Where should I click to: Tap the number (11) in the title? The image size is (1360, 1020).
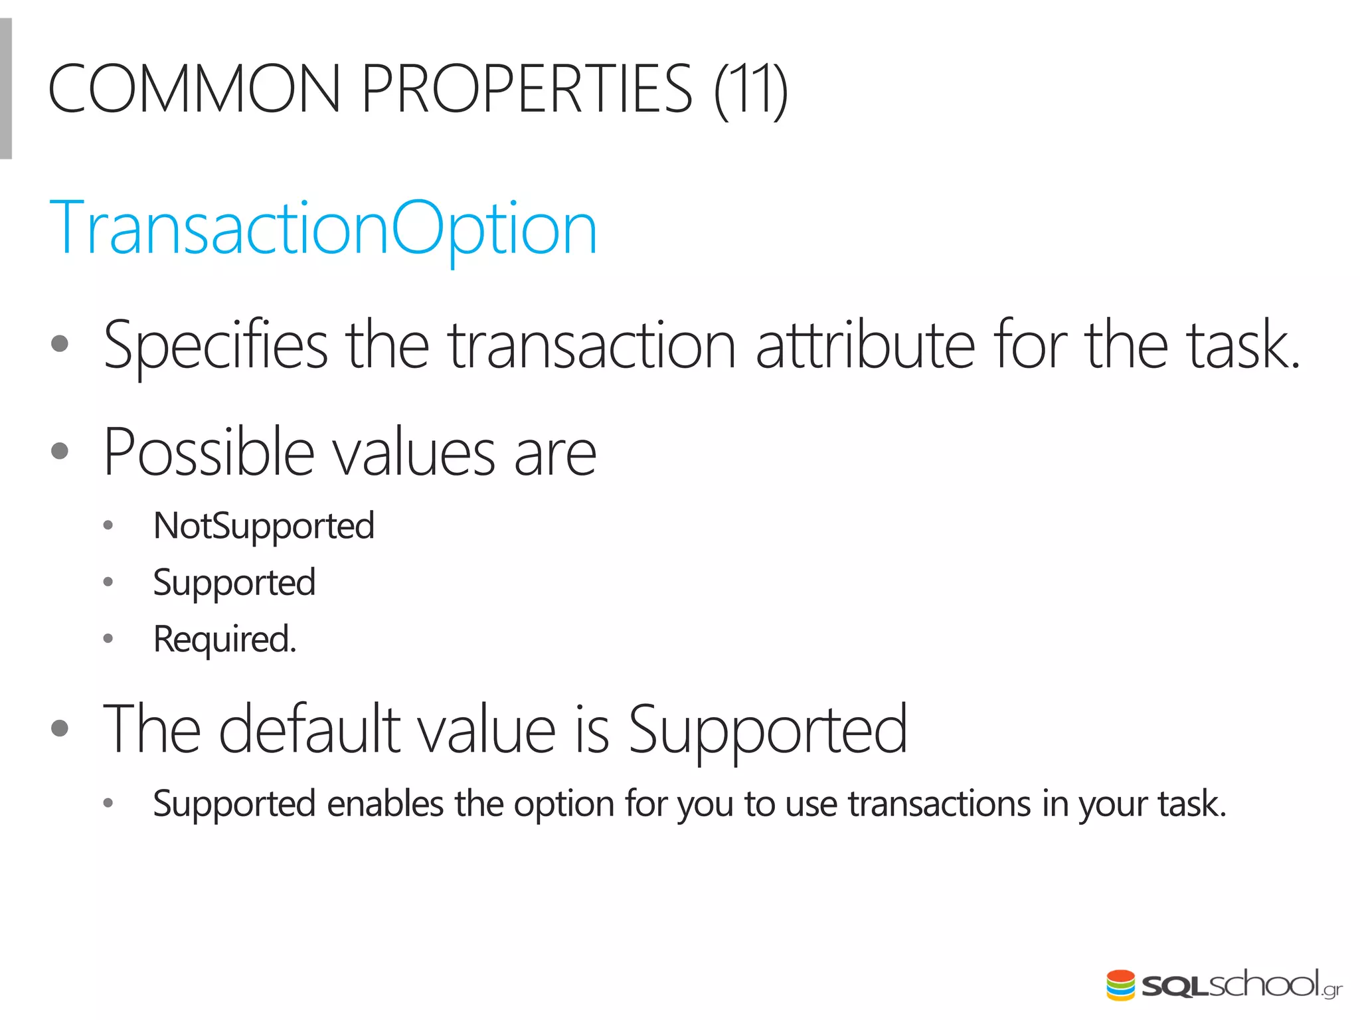(751, 90)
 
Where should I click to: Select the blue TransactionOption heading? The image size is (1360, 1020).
(323, 229)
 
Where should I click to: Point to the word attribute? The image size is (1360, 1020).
(865, 345)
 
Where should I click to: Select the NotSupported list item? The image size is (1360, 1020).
(264, 527)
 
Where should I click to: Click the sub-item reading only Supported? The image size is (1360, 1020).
(234, 583)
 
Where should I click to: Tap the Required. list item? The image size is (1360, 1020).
(224, 639)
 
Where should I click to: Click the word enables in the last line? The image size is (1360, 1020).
(385, 804)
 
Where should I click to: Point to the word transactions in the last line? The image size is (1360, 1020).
(939, 804)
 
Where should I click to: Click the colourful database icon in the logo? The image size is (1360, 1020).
(1120, 984)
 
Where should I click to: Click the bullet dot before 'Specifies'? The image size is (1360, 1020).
(60, 343)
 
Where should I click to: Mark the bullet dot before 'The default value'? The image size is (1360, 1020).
(60, 728)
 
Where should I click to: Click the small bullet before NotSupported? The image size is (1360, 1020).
(108, 527)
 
